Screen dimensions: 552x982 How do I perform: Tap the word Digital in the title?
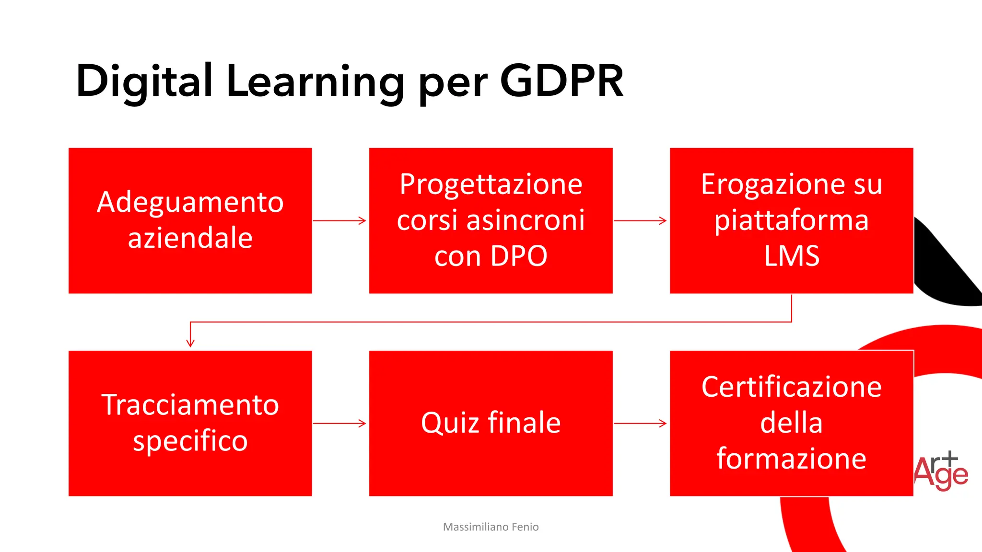(x=144, y=81)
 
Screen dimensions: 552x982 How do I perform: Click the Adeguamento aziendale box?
(x=190, y=220)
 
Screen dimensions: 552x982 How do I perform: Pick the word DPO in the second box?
(x=519, y=256)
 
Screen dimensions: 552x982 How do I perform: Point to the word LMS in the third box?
(x=791, y=256)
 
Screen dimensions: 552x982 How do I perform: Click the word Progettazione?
(x=491, y=184)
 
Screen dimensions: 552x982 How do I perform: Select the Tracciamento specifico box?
(x=190, y=423)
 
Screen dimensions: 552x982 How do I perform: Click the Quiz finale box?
(x=491, y=423)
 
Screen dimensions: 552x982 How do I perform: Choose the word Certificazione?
(x=791, y=387)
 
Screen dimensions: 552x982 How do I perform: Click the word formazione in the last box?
(x=791, y=459)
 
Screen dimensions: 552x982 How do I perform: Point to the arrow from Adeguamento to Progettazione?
(x=339, y=220)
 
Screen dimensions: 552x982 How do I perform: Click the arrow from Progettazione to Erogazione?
(x=640, y=220)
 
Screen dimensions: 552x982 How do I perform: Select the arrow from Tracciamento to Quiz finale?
(x=339, y=423)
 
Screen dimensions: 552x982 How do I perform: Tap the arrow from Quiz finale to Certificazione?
(x=640, y=423)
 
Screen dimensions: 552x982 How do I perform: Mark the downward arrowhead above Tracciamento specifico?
(x=190, y=342)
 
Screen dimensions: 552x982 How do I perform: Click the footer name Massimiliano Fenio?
(x=491, y=527)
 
